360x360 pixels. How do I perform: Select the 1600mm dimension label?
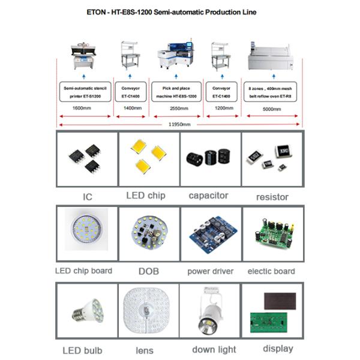point(83,109)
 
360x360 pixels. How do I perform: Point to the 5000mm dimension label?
point(271,109)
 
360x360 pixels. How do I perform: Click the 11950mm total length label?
point(178,124)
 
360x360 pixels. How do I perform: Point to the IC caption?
point(87,196)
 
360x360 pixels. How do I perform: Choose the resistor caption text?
point(272,196)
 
